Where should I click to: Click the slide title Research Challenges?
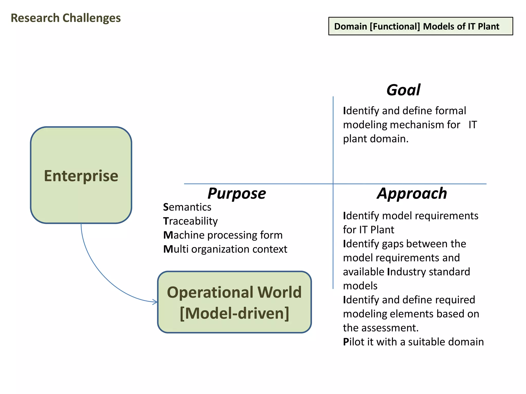tap(66, 18)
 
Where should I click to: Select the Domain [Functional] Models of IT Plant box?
tap(420, 26)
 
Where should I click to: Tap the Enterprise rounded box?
tap(81, 175)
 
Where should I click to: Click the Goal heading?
tap(403, 90)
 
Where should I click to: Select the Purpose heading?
tap(237, 193)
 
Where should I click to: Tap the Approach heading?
tap(412, 193)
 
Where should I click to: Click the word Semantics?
tap(187, 207)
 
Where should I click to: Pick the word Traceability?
tap(190, 221)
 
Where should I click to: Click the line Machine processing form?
tap(223, 235)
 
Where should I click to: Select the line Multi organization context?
tap(225, 249)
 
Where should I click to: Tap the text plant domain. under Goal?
tap(375, 139)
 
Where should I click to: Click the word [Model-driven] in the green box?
tap(234, 313)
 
